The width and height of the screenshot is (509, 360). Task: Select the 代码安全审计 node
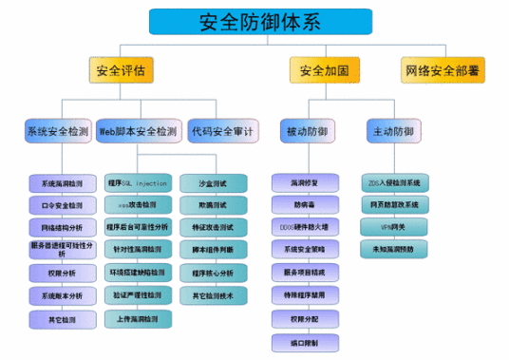[220, 131]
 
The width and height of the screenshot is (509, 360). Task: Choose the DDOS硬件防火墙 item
[303, 226]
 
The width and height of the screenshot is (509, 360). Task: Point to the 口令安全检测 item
[62, 204]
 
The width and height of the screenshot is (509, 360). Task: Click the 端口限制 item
[303, 340]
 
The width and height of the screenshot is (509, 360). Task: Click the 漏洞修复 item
[303, 181]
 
